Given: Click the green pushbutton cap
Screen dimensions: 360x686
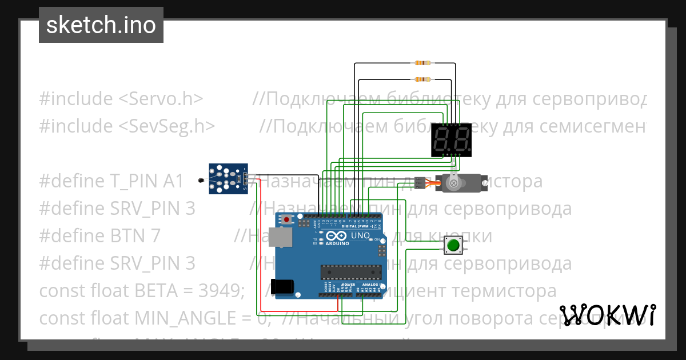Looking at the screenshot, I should click(453, 246).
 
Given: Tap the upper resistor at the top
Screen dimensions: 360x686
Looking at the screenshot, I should click(423, 63).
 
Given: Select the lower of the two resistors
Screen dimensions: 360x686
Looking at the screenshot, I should click(423, 79).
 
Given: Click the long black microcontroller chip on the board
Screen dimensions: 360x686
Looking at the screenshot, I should click(350, 273).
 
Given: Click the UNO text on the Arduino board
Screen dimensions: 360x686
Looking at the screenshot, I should click(360, 235).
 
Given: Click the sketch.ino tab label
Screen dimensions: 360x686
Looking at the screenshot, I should click(101, 25).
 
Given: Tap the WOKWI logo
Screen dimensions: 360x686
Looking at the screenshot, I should click(608, 315).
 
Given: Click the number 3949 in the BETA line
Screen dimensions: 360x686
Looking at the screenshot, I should click(218, 291).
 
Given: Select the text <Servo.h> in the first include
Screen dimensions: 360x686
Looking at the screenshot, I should click(161, 99).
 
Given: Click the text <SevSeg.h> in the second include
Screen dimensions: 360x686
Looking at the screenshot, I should click(167, 126).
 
